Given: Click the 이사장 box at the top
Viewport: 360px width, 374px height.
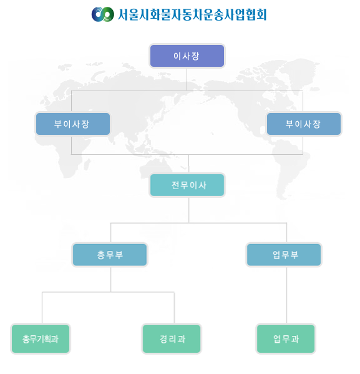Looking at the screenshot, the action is [187, 56].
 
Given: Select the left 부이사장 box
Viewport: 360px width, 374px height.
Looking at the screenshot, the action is [73, 124].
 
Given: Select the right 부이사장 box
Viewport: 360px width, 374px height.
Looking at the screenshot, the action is [304, 124].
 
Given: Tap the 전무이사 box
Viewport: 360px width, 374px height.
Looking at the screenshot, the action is [187, 185].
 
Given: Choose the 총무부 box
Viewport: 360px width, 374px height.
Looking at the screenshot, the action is [110, 255].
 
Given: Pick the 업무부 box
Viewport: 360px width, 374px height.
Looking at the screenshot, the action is [284, 255].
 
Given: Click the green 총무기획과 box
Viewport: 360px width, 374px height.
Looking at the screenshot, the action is [41, 338].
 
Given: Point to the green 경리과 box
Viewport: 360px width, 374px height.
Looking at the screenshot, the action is [172, 338].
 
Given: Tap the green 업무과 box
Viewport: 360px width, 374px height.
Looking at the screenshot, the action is [286, 338].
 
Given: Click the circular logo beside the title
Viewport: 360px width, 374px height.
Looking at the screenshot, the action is [103, 14].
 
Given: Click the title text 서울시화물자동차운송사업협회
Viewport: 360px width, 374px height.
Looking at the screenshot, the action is [192, 14].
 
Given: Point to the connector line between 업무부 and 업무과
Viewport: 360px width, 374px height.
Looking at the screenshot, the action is [286, 295].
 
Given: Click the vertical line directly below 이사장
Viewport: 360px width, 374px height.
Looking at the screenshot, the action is [187, 79].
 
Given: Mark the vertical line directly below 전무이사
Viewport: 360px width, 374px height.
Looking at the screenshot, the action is [189, 210].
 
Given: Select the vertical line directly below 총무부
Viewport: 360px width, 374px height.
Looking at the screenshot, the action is [110, 279].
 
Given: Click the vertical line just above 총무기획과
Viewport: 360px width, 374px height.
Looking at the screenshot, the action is [42, 308].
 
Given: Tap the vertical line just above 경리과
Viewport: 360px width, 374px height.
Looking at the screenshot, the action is [174, 308].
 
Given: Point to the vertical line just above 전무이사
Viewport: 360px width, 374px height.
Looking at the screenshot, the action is [189, 164].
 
